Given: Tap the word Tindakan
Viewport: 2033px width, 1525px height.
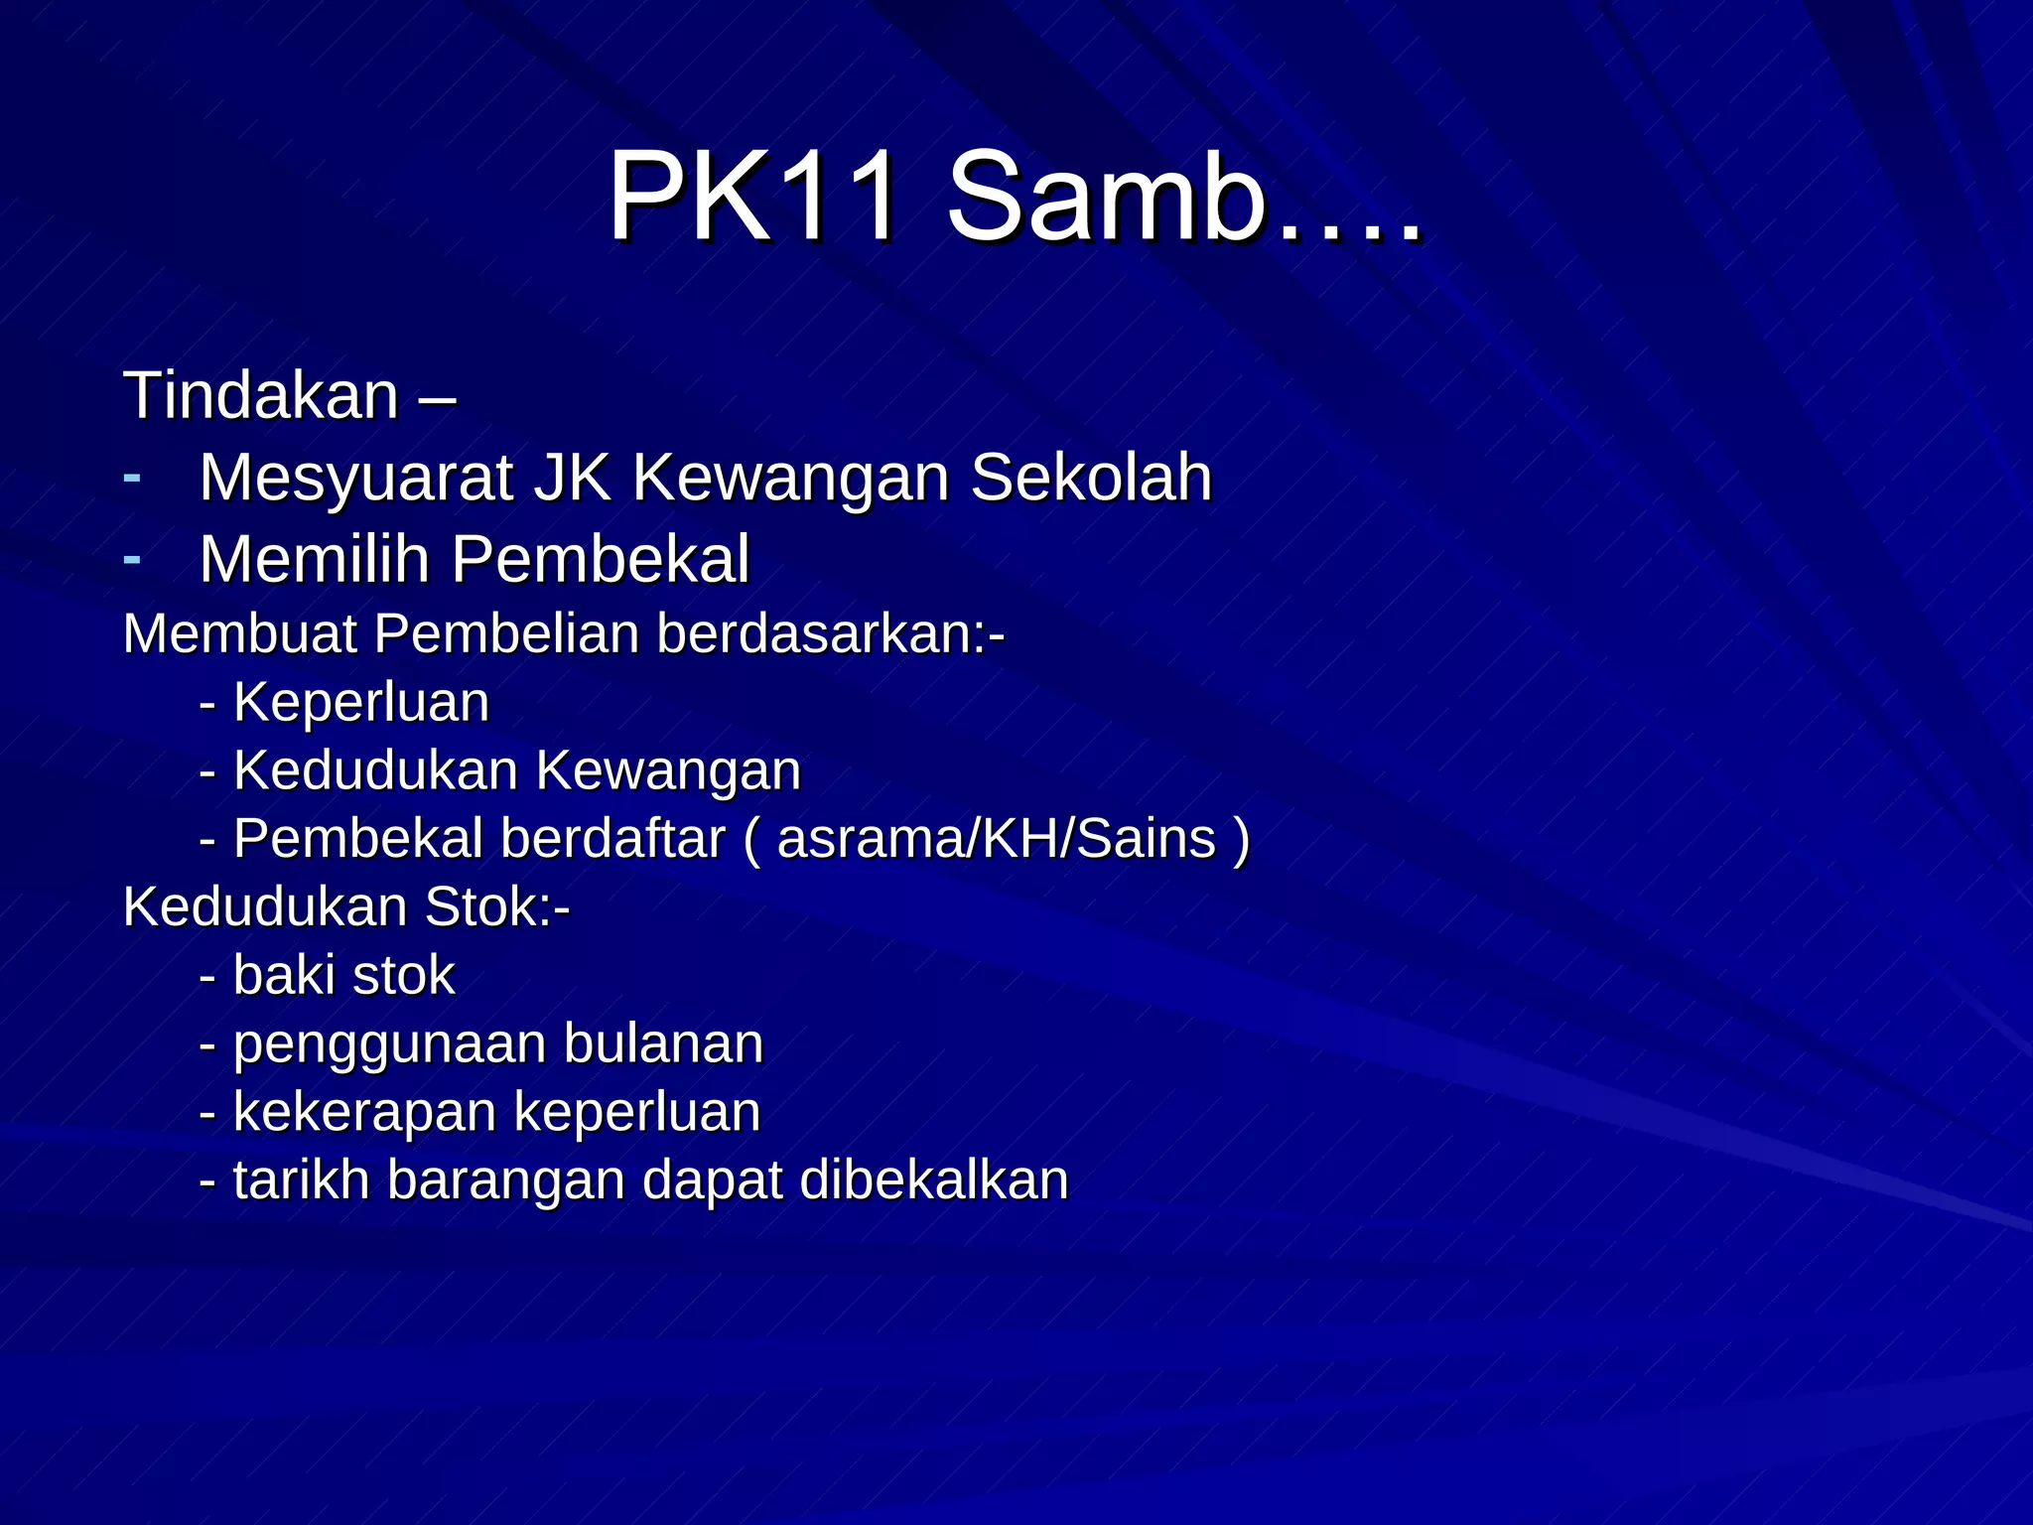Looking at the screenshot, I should coord(261,395).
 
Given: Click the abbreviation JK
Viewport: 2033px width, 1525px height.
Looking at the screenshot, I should coord(573,478).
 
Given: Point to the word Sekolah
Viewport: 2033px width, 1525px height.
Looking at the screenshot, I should coord(1091,478).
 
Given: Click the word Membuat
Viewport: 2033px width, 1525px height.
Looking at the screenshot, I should coord(239,633).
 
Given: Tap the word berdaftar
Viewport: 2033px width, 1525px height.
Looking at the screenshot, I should coord(612,838).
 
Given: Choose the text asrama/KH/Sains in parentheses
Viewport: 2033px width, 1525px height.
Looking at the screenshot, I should coord(997,838).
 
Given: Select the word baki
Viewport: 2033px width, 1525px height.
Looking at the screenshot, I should coord(285,975).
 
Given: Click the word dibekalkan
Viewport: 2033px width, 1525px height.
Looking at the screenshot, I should coord(933,1179).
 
